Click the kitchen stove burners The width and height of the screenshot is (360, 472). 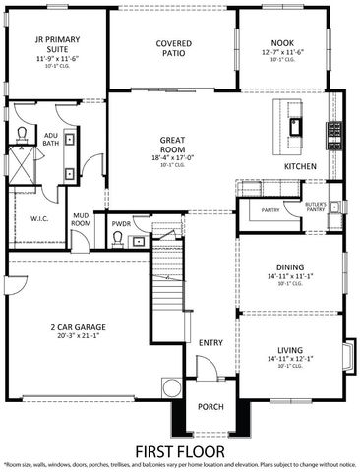(x=334, y=128)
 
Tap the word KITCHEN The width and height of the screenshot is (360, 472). (x=300, y=167)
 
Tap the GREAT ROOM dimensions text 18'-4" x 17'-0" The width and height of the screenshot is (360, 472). (x=173, y=156)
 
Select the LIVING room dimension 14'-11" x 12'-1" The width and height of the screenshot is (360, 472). (x=290, y=359)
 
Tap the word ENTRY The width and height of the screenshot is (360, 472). (x=210, y=343)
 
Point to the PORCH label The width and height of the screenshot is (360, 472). (x=210, y=407)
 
